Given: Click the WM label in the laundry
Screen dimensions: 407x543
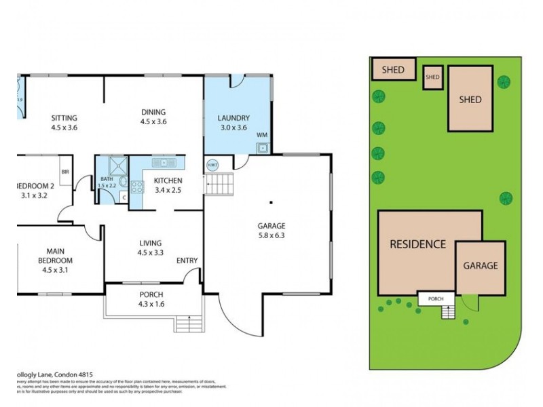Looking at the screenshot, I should coord(262,135).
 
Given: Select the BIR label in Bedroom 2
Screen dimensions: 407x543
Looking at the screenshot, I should coord(65,172).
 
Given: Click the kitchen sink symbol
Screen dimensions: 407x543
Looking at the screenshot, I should coord(164,163).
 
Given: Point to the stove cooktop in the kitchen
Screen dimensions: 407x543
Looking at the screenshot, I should coord(136,187).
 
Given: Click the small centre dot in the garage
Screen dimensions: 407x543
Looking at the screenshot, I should coord(270,201).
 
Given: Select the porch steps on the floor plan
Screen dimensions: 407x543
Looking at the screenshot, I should coord(188,324).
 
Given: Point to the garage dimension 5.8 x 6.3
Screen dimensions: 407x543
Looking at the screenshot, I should coord(270,236).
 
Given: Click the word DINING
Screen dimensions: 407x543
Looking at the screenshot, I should coord(153,113).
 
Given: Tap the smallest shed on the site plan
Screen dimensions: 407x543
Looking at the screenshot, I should coord(432,77).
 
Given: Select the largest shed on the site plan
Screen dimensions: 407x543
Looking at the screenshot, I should coord(470,99).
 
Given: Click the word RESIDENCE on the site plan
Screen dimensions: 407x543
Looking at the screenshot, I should coord(417,244).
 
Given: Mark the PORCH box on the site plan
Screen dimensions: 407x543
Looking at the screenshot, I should coord(436,298).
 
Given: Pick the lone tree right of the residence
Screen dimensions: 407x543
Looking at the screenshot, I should coord(506,198).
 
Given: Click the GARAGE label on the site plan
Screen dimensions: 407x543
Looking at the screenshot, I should coord(481,266).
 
